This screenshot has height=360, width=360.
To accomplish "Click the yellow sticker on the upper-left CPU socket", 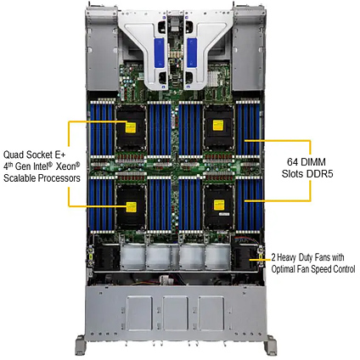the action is pyautogui.click(x=131, y=127).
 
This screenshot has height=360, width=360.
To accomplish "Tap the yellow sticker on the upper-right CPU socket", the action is pyautogui.click(x=218, y=125).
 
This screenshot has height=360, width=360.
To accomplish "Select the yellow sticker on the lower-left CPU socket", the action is pyautogui.click(x=131, y=207).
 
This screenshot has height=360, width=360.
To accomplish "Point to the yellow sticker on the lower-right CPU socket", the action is pyautogui.click(x=219, y=205).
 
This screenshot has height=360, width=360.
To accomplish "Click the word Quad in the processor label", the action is pyautogui.click(x=14, y=155).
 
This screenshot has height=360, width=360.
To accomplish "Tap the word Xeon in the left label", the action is pyautogui.click(x=68, y=166).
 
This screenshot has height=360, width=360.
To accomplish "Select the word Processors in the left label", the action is pyautogui.click(x=59, y=178).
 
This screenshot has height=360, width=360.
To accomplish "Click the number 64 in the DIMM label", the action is pyautogui.click(x=292, y=162).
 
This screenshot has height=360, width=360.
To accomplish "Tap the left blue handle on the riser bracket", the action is pyautogui.click(x=159, y=53).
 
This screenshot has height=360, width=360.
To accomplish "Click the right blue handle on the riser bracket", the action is pyautogui.click(x=192, y=53).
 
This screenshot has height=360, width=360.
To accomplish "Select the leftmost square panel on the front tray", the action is pyautogui.click(x=139, y=313).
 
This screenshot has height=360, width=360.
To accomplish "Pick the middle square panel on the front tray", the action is pyautogui.click(x=176, y=313).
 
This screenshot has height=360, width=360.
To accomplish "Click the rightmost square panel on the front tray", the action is pyautogui.click(x=211, y=313).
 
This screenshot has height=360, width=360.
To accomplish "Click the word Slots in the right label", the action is pyautogui.click(x=292, y=174).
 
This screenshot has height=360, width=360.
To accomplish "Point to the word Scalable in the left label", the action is pyautogui.click(x=20, y=178).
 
